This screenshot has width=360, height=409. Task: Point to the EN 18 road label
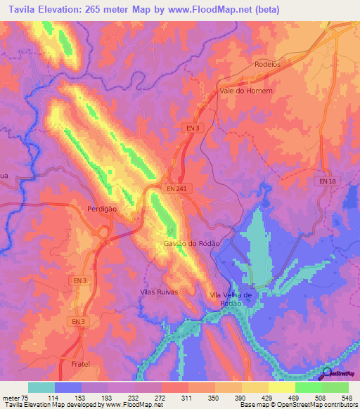(328, 182)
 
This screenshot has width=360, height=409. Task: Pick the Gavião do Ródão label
(192, 242)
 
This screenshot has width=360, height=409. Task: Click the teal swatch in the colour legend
(41, 388)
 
